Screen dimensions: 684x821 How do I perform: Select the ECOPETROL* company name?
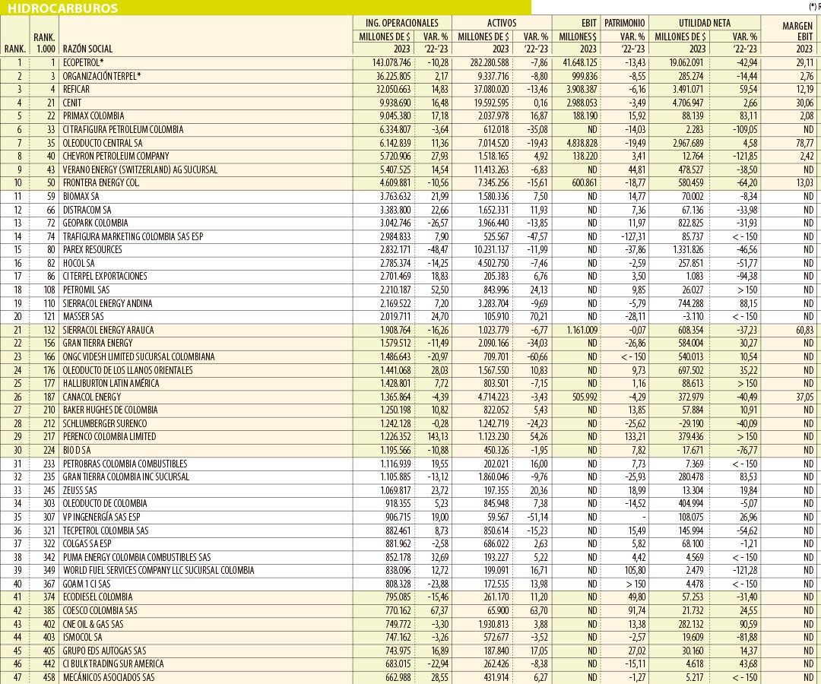point(84,62)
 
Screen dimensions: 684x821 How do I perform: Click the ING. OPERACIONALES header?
point(402,23)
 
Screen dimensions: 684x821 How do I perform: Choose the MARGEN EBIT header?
point(797,30)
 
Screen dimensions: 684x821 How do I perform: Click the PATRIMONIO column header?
point(625,23)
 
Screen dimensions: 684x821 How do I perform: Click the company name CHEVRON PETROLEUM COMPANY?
point(116,156)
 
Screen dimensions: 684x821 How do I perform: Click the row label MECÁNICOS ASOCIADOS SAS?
point(109,677)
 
